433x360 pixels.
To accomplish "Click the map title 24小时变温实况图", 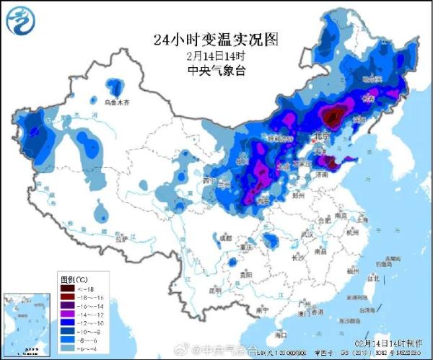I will click(216, 40).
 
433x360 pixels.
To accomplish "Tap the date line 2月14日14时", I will click(216, 56).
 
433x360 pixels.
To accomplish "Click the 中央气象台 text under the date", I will click(216, 70).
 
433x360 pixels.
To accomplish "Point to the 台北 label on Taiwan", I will click(373, 278).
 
